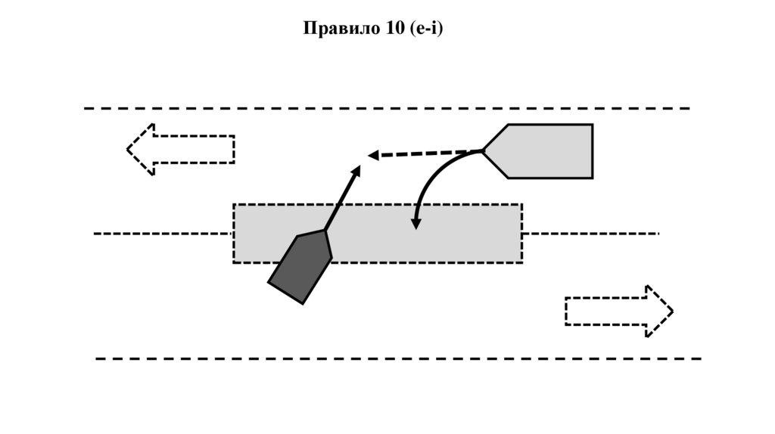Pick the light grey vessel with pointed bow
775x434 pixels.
[545, 150]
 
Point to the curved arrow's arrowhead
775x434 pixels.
[416, 224]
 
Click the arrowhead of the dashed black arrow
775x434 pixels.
[372, 156]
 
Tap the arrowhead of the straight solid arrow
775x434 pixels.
[356, 169]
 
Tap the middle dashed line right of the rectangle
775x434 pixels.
[590, 234]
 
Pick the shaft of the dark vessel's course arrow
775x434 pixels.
[341, 198]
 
